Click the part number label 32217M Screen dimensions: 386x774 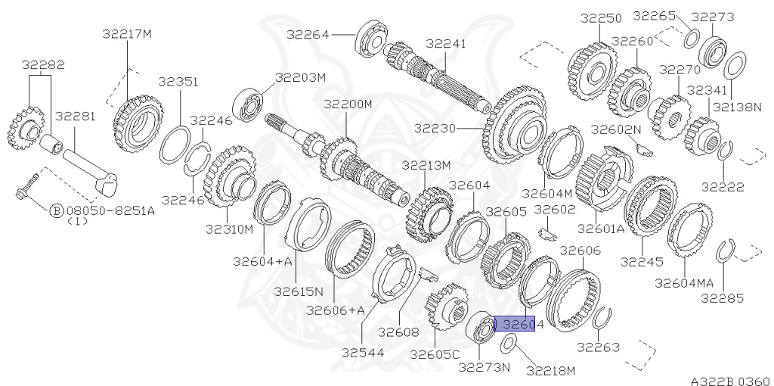pyautogui.click(x=127, y=33)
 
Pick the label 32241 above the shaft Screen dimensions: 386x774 pyautogui.click(x=447, y=44)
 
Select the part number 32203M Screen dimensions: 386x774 pyautogui.click(x=299, y=77)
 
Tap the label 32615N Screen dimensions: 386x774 pyautogui.click(x=298, y=291)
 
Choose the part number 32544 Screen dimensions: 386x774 pyautogui.click(x=361, y=352)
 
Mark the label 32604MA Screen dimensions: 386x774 pyautogui.click(x=683, y=282)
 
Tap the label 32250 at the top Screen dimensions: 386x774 pyautogui.click(x=601, y=17)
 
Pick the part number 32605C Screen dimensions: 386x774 pyautogui.click(x=435, y=353)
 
